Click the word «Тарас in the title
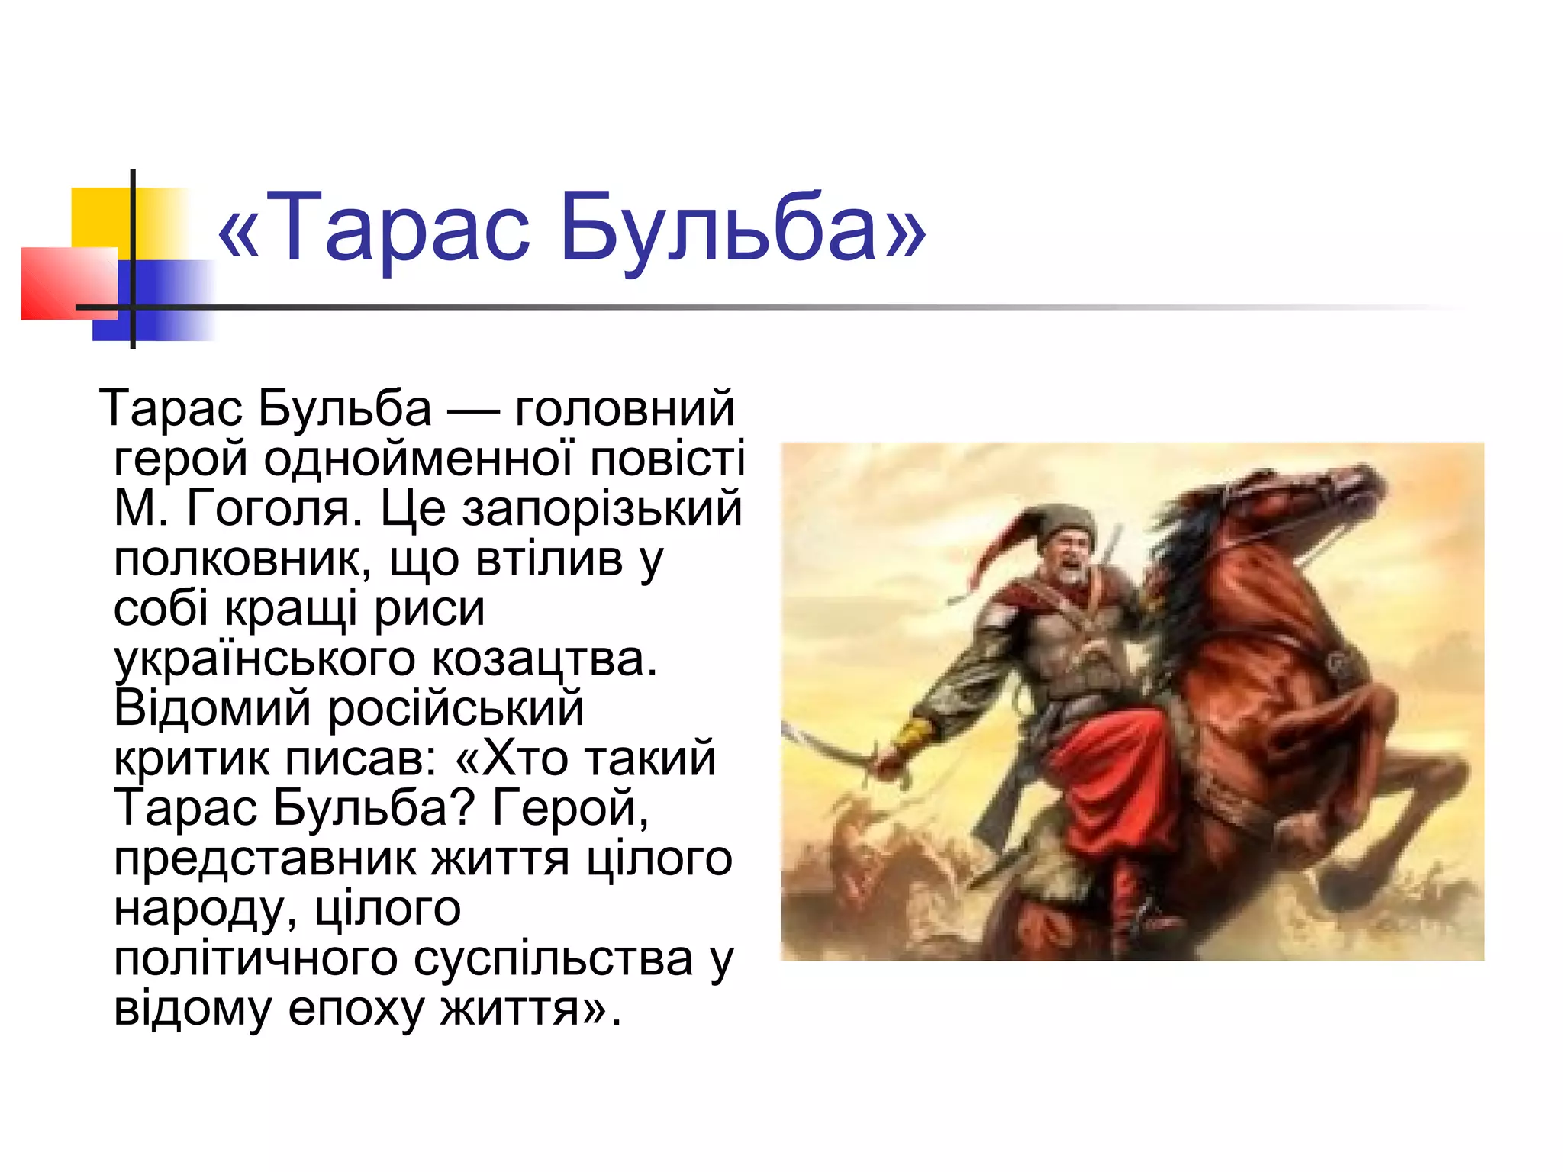click(x=374, y=227)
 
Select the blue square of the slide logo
click(x=160, y=301)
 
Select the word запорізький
click(x=602, y=509)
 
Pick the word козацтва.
click(x=543, y=659)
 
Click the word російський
click(x=456, y=708)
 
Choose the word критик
click(x=191, y=758)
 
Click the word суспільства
click(x=553, y=958)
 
